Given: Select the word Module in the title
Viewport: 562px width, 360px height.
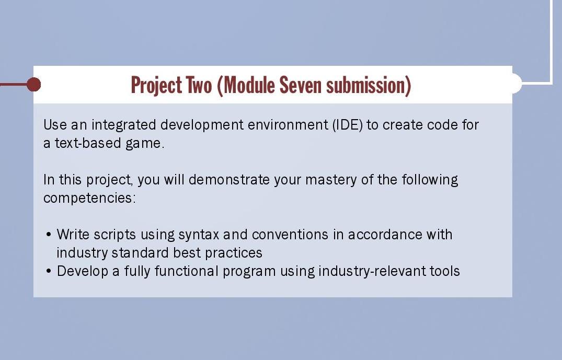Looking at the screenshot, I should coord(248,85).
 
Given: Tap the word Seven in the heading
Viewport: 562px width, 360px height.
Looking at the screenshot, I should coord(302,85).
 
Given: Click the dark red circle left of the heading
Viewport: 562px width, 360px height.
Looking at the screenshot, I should coord(33,84).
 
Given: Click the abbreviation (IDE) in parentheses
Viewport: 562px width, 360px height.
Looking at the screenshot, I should coord(346,125).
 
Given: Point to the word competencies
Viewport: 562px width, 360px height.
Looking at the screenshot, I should coord(89,199).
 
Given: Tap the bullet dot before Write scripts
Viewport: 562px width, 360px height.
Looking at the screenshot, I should coord(49,235).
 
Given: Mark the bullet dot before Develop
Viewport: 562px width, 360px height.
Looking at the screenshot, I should coord(49,272).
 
